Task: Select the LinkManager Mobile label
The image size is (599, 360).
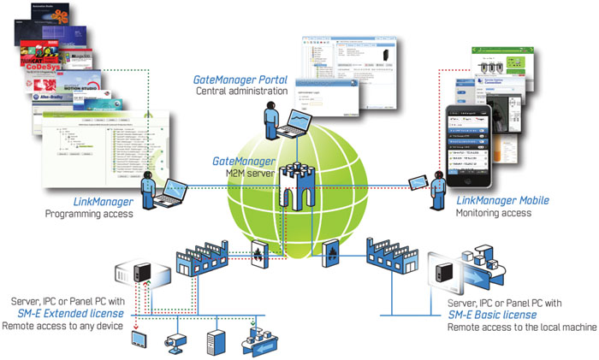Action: [501, 200]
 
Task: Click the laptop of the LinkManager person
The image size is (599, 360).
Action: [175, 189]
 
